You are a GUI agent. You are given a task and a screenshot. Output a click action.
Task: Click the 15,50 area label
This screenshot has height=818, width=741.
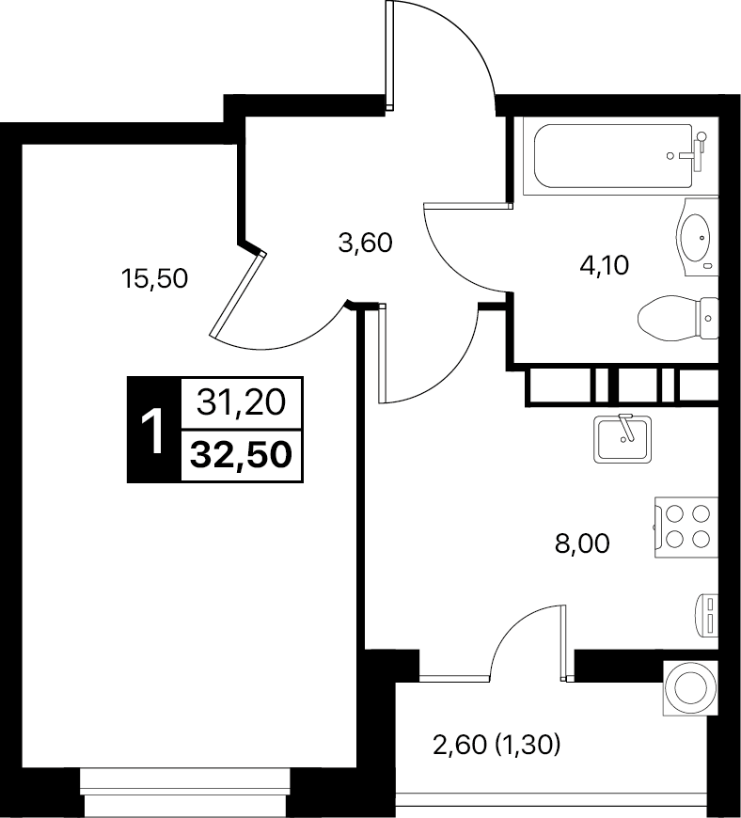click(x=154, y=279)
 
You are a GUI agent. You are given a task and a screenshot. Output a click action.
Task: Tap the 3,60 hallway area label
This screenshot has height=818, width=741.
click(x=365, y=244)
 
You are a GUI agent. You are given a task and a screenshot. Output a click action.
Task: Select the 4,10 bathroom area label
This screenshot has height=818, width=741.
click(x=605, y=265)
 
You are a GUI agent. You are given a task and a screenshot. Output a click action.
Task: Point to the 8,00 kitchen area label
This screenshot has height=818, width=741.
click(x=582, y=544)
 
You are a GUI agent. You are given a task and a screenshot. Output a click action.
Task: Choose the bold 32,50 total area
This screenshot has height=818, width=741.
click(x=241, y=454)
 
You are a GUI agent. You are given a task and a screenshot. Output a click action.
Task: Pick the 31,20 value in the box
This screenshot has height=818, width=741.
click(x=241, y=402)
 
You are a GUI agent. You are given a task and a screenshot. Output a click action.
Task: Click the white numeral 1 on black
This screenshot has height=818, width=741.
click(x=153, y=431)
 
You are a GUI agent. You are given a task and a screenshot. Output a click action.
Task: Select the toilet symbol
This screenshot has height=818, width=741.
click(x=678, y=318)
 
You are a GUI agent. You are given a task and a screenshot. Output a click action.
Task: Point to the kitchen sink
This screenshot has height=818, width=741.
click(x=623, y=439)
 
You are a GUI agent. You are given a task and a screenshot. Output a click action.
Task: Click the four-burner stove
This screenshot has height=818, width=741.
click(x=686, y=527)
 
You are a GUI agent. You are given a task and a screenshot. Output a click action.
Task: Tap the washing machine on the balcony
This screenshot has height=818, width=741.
click(x=690, y=687)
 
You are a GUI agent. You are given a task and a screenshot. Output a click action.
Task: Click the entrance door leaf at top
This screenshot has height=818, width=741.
click(x=390, y=55)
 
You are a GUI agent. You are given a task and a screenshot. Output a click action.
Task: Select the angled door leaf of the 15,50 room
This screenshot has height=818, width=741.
click(x=238, y=295)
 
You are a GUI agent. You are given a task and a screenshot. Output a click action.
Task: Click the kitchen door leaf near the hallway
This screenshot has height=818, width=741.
click(x=382, y=354)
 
